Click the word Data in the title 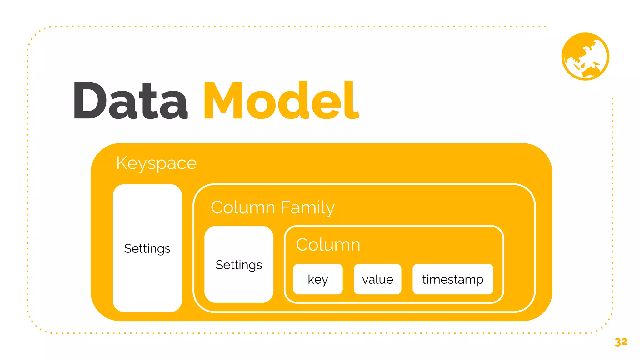click(x=131, y=101)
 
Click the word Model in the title click(x=281, y=101)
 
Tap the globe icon click(x=585, y=57)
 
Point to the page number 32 click(x=621, y=342)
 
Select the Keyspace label click(x=156, y=163)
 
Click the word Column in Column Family click(x=243, y=207)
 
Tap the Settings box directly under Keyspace click(x=147, y=248)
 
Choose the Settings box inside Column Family click(x=239, y=265)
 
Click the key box click(x=318, y=279)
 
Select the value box click(x=377, y=279)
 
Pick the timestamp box click(x=453, y=279)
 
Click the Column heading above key click(x=328, y=245)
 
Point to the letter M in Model click(x=223, y=101)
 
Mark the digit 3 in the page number click(x=618, y=342)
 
